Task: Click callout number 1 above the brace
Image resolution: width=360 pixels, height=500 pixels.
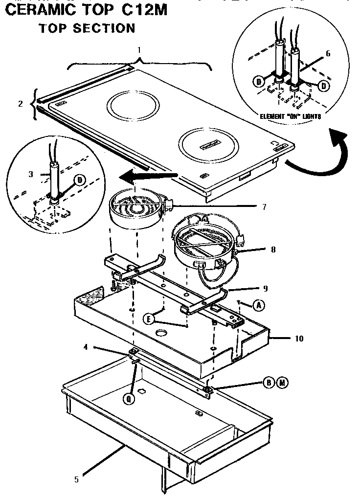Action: [x=139, y=50]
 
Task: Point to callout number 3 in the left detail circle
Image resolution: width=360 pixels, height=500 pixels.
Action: [x=30, y=173]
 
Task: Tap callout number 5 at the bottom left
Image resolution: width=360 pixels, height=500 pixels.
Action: [x=76, y=480]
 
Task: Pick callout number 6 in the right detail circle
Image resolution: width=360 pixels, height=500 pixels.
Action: [x=328, y=53]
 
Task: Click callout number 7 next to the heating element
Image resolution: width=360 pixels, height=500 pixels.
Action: [x=264, y=206]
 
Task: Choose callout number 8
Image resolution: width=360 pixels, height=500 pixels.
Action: [x=273, y=249]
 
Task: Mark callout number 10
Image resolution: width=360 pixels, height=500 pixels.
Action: [x=298, y=338]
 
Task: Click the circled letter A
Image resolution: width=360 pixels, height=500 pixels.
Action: [x=259, y=305]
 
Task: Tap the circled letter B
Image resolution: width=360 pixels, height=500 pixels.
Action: [x=269, y=382]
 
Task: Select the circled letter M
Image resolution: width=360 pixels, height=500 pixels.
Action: [x=281, y=382]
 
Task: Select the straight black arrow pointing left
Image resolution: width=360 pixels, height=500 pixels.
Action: [x=149, y=176]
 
